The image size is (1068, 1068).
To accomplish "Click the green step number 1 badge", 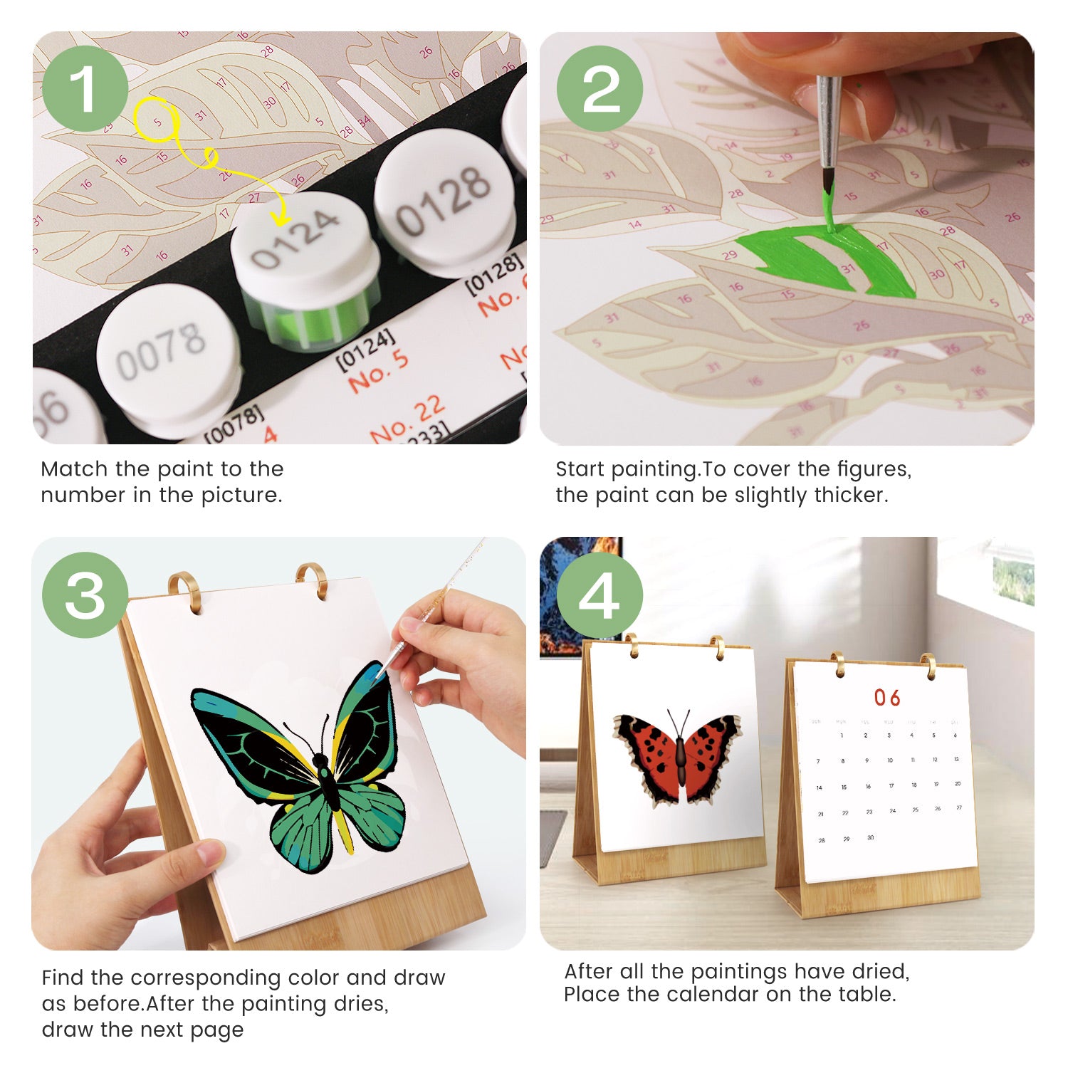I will pos(85,89).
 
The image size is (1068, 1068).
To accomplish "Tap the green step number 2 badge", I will pos(600,89).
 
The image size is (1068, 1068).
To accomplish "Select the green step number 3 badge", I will pos(85,595).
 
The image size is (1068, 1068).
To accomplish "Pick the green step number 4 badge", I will pos(600,595).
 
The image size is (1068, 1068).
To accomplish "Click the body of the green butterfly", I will pos(328,783).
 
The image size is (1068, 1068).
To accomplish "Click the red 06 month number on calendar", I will pos(887,698).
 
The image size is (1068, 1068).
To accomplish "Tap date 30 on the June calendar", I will pos(870,838).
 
